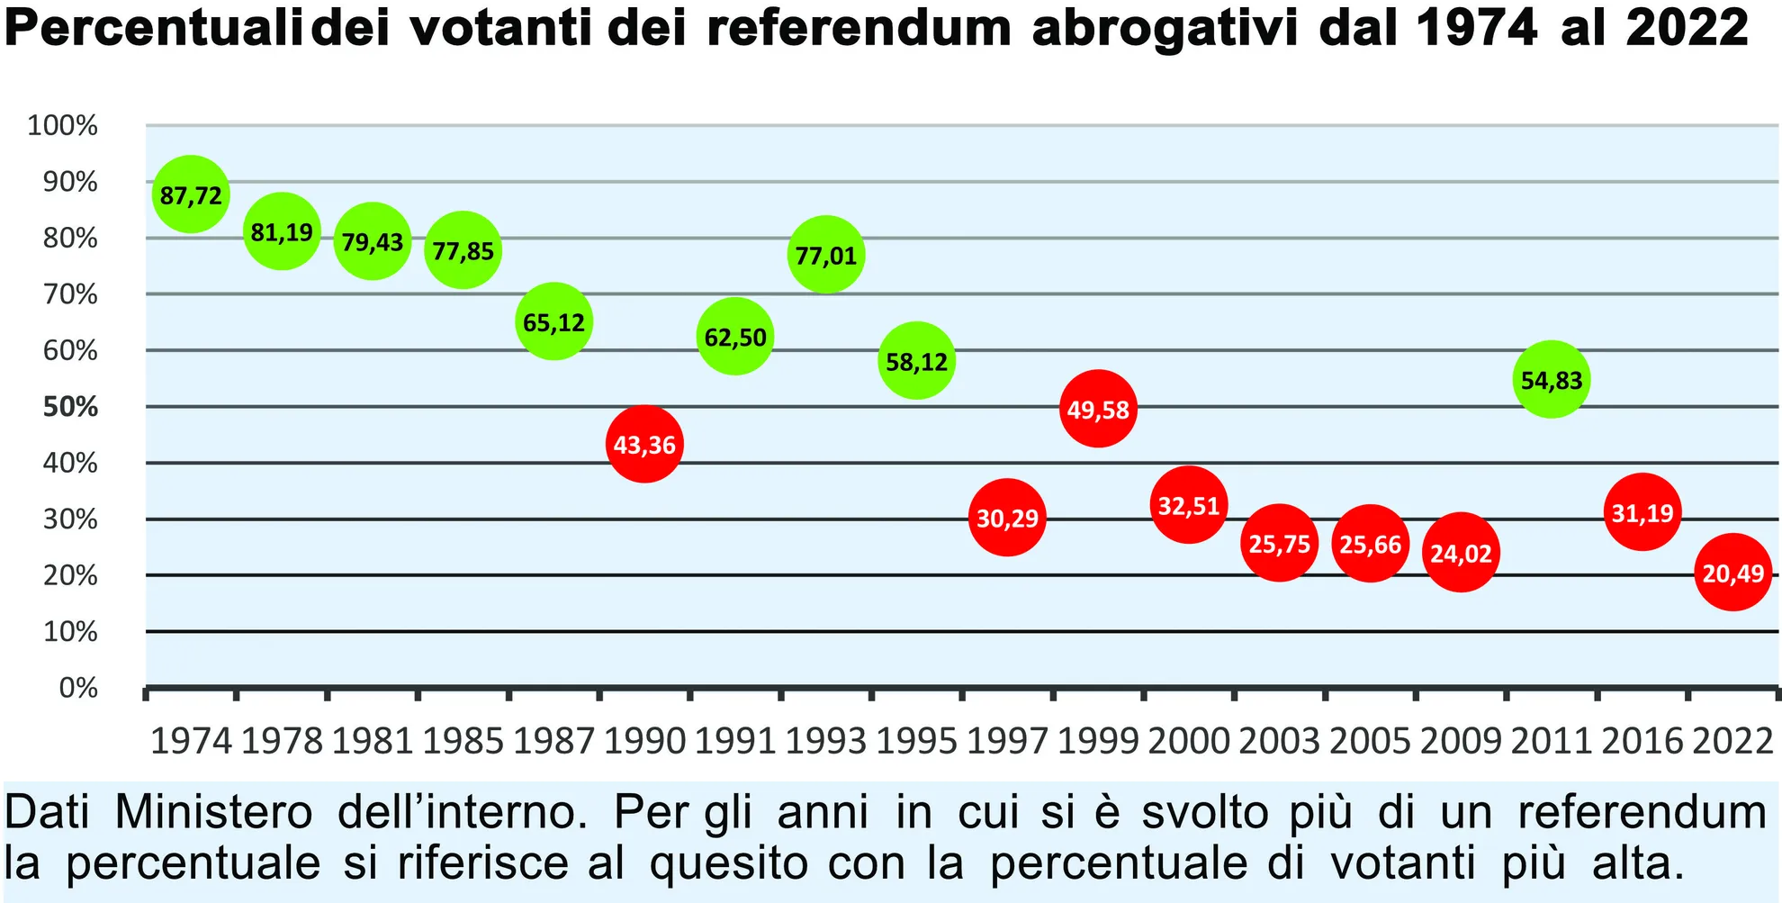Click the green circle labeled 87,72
[191, 194]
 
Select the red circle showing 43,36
[644, 444]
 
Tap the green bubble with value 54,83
[1552, 380]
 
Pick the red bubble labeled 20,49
[1732, 573]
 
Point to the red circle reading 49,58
[1098, 410]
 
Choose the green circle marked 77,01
[825, 255]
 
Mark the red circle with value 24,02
[1461, 553]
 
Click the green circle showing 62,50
[735, 337]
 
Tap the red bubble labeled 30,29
[1007, 518]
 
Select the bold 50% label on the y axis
[70, 407]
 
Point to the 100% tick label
[62, 125]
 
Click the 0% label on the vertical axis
[78, 688]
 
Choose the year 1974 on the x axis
[191, 741]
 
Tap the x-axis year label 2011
[1552, 741]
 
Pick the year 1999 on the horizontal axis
[1098, 741]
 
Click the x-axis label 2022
[1732, 741]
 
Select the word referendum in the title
[859, 29]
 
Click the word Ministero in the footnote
[213, 812]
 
